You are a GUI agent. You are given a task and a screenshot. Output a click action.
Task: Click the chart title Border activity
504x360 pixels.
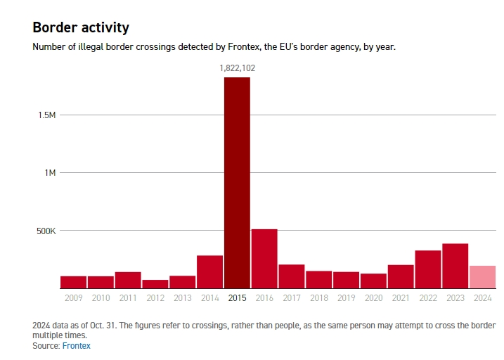click(81, 27)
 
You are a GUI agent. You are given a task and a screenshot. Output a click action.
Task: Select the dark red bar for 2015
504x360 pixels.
click(237, 183)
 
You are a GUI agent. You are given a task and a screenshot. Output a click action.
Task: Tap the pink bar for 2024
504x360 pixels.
click(482, 277)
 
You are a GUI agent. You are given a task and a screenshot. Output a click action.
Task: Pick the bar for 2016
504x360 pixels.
click(264, 259)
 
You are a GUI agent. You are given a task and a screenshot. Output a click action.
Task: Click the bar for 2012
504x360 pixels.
click(155, 284)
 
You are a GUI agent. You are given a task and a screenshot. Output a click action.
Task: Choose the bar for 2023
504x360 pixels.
click(455, 266)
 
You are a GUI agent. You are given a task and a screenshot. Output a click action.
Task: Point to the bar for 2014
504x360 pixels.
click(209, 271)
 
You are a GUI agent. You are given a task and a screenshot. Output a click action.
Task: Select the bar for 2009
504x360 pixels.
click(73, 282)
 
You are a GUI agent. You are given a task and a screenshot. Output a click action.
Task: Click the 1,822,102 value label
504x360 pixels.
click(237, 68)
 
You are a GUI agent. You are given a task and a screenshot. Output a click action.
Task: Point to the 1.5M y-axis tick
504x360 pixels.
click(46, 115)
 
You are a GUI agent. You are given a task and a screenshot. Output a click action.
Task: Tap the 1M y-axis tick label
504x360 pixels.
click(49, 173)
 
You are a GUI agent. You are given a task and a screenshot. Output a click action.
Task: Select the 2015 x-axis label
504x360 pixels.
click(237, 298)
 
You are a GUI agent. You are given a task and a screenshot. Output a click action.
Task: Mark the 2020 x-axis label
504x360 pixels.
click(373, 298)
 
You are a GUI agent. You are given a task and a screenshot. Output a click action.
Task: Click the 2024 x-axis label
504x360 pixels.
click(482, 298)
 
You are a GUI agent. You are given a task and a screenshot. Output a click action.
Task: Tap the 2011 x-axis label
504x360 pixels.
click(128, 298)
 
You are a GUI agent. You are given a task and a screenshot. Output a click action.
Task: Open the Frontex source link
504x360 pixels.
click(77, 346)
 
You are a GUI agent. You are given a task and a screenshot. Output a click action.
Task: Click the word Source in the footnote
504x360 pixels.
click(46, 346)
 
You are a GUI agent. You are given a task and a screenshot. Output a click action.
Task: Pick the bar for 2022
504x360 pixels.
click(428, 269)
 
